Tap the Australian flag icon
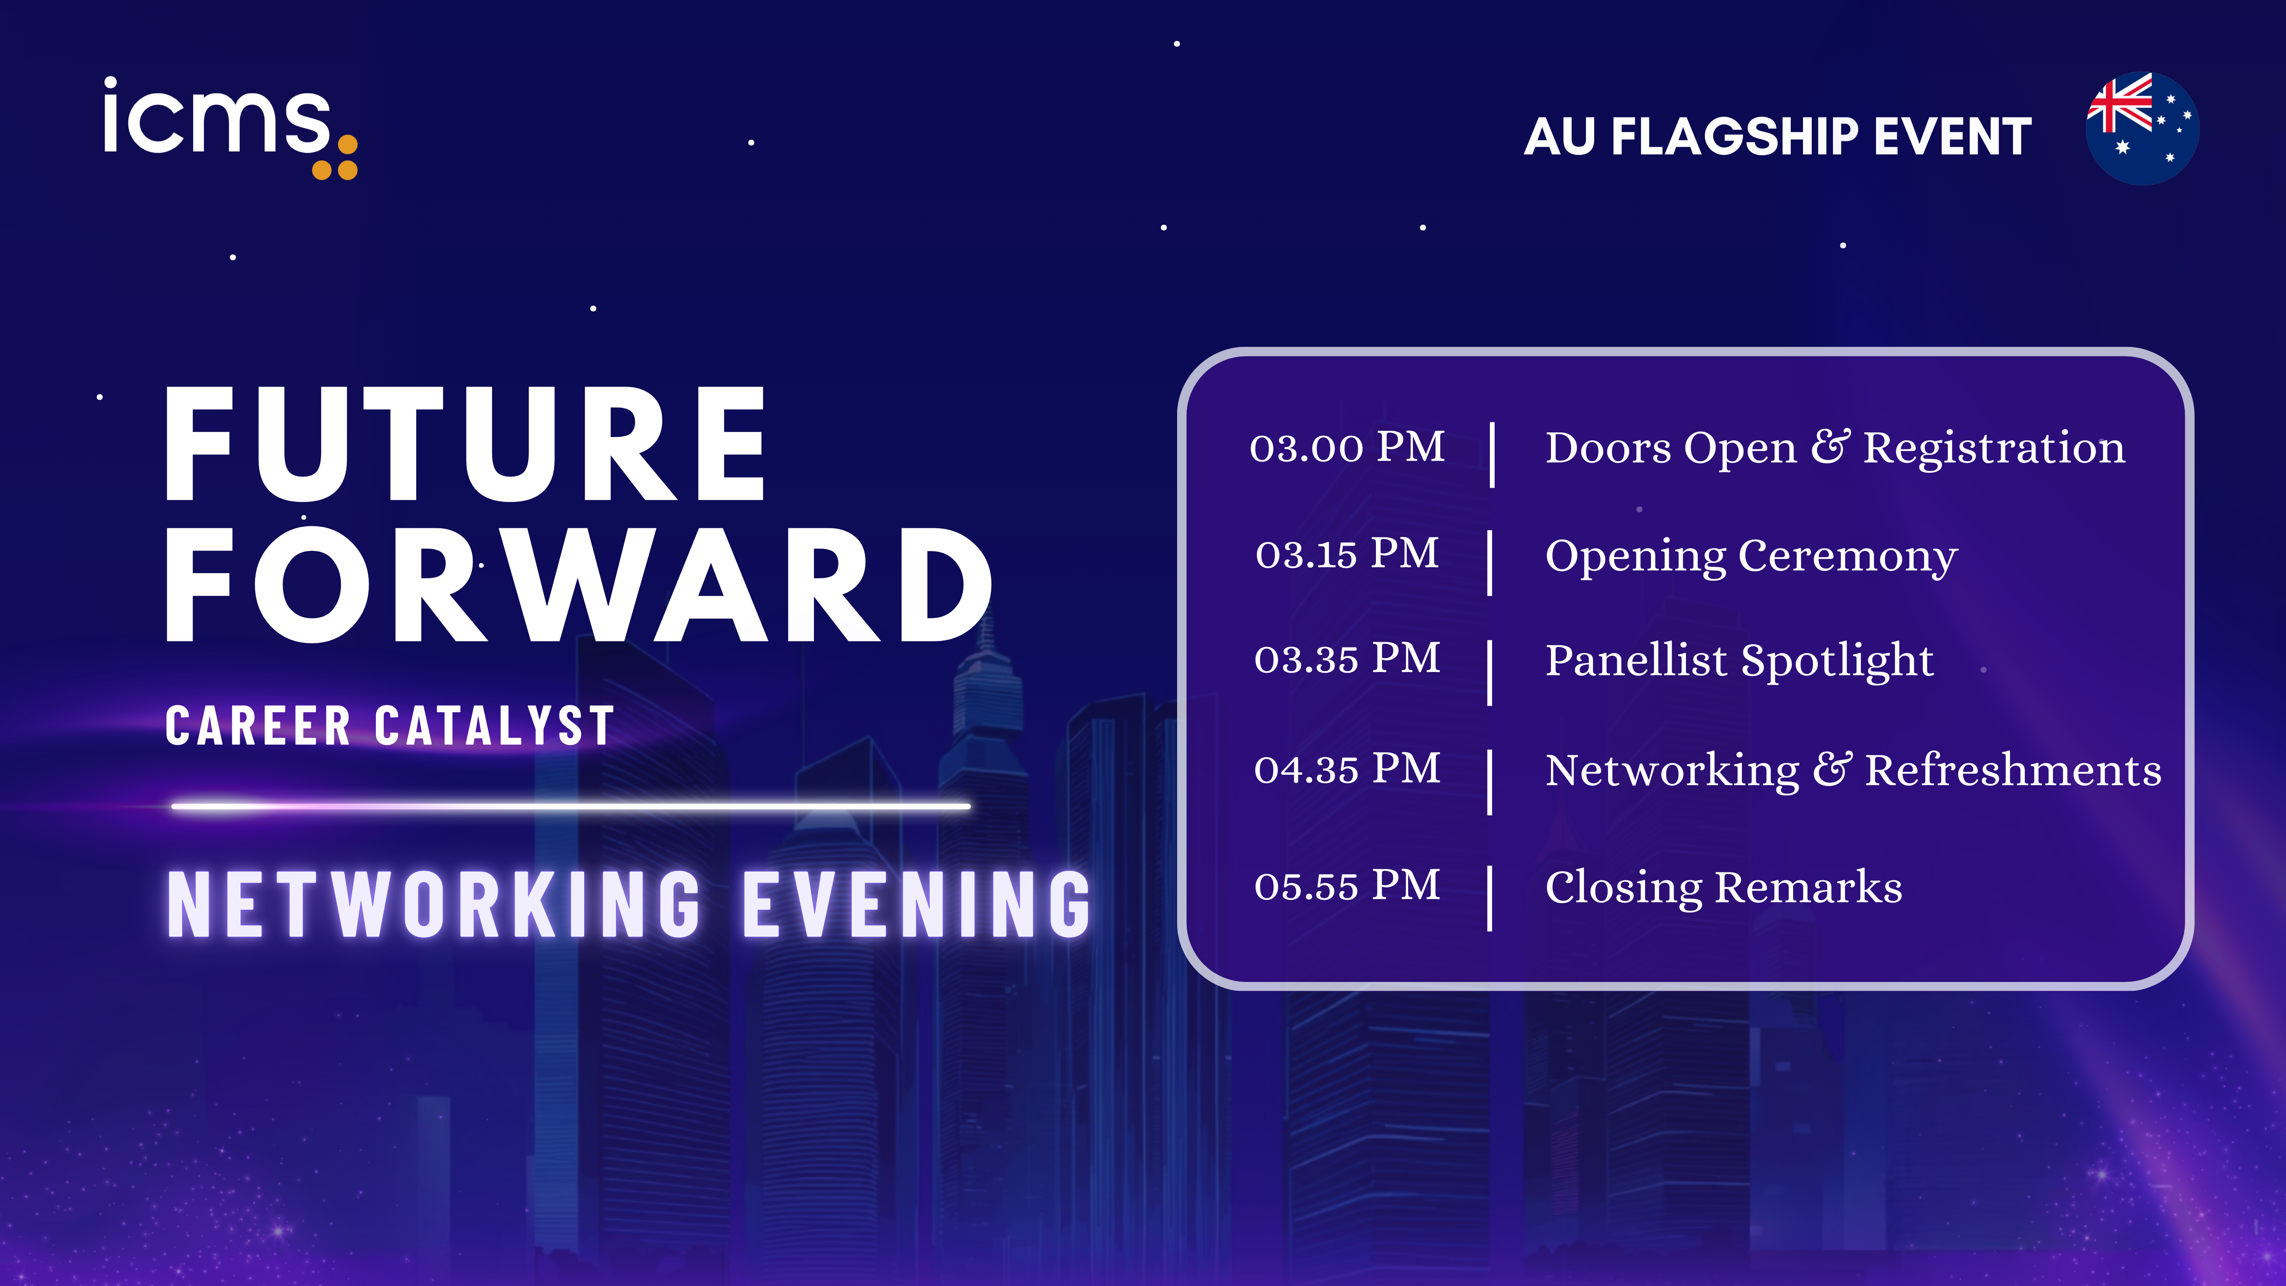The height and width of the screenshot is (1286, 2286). (2142, 129)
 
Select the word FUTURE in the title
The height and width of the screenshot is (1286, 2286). (466, 444)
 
